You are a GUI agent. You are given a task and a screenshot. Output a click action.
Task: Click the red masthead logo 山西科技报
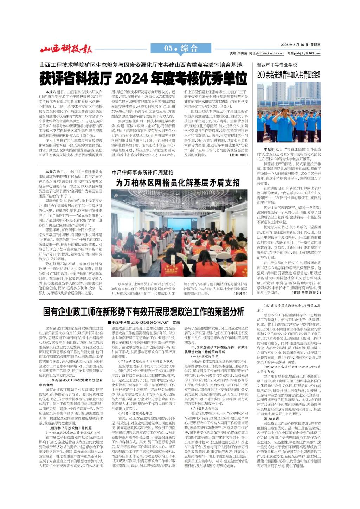pyautogui.click(x=66, y=49)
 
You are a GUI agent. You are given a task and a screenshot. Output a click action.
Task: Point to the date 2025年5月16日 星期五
pyautogui.click(x=301, y=45)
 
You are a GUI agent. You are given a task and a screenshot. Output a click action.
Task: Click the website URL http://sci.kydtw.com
pyautogui.click(x=270, y=53)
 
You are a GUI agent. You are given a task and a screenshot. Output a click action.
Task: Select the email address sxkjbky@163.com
pyautogui.click(x=308, y=53)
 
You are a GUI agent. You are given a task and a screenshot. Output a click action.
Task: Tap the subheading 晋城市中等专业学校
pyautogui.click(x=277, y=65)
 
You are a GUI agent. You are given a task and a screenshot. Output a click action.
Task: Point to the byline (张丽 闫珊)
pyautogui.click(x=238, y=155)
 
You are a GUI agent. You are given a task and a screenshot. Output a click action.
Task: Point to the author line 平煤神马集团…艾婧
pyautogui.click(x=144, y=322)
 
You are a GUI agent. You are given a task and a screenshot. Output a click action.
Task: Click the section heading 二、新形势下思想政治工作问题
pyautogui.click(x=69, y=428)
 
